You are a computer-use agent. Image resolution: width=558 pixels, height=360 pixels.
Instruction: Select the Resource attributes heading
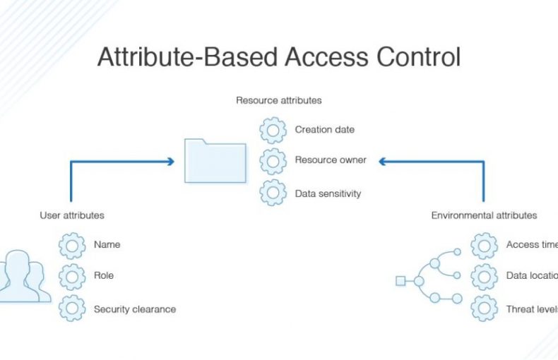pos(278,100)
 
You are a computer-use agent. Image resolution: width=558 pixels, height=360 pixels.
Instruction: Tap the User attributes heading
pos(71,215)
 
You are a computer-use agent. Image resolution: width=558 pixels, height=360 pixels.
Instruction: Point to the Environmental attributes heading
pos(484,215)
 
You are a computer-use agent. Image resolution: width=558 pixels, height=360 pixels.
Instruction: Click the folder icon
pos(215,161)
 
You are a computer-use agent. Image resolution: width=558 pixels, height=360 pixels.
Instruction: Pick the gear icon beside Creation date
pos(273,131)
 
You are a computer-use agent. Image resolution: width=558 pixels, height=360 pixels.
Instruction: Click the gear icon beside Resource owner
pos(273,161)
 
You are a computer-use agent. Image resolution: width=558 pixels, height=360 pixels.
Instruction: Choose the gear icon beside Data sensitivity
pos(273,192)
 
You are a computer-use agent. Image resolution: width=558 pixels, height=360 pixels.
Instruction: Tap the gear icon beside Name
pos(72,246)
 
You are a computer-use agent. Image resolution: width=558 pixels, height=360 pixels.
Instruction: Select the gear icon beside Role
pos(72,276)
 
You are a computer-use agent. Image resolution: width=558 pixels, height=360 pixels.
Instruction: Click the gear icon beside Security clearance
pos(72,308)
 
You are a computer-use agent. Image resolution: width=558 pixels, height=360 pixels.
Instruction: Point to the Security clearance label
pos(134,309)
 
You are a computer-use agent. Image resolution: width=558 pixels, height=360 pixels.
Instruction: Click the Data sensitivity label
pos(328,193)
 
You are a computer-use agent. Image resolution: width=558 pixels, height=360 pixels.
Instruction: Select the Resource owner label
pos(331,160)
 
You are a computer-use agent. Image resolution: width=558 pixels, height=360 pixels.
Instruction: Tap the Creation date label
pos(324,130)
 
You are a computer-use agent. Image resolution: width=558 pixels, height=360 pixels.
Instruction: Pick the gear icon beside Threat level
pos(484,308)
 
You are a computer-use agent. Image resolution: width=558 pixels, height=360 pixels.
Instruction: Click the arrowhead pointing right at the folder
pos(170,162)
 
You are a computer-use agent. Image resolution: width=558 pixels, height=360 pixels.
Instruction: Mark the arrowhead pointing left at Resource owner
pos(382,162)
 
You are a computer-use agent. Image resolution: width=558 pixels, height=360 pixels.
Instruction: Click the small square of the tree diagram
pos(400,281)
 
